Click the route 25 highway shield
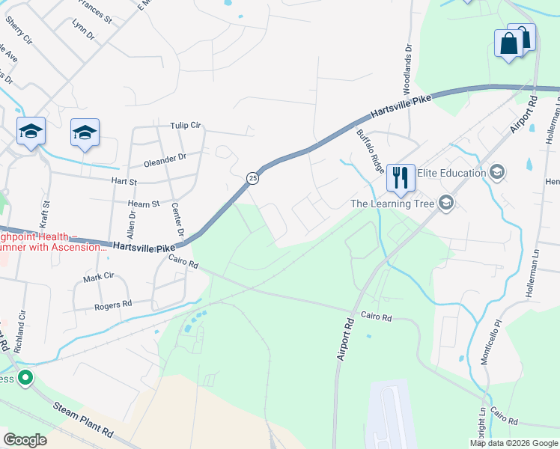pyautogui.click(x=253, y=177)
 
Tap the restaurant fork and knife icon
pyautogui.click(x=400, y=177)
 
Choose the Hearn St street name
pyautogui.click(x=144, y=204)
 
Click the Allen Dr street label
pyautogui.click(x=132, y=225)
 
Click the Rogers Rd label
pyautogui.click(x=113, y=305)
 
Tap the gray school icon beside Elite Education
pyautogui.click(x=496, y=173)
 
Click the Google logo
pyautogui.click(x=25, y=439)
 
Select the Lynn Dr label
pyautogui.click(x=84, y=34)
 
